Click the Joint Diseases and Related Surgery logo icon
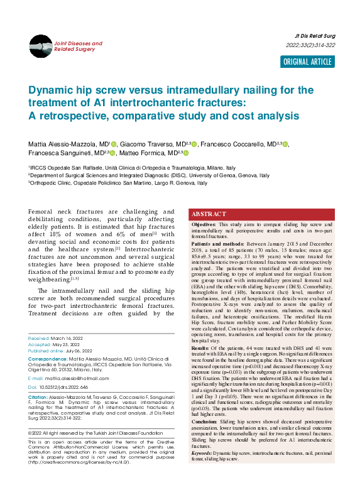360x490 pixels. [x=40, y=46]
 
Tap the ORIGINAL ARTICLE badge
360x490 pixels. [x=307, y=62]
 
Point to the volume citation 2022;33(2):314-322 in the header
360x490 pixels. [x=310, y=45]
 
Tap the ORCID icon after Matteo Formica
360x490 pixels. [x=186, y=153]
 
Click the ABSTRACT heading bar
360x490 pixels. [x=261, y=214]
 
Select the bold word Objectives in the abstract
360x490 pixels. [x=204, y=224]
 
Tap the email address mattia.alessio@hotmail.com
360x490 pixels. [x=69, y=378]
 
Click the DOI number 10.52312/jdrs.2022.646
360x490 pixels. [x=63, y=387]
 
